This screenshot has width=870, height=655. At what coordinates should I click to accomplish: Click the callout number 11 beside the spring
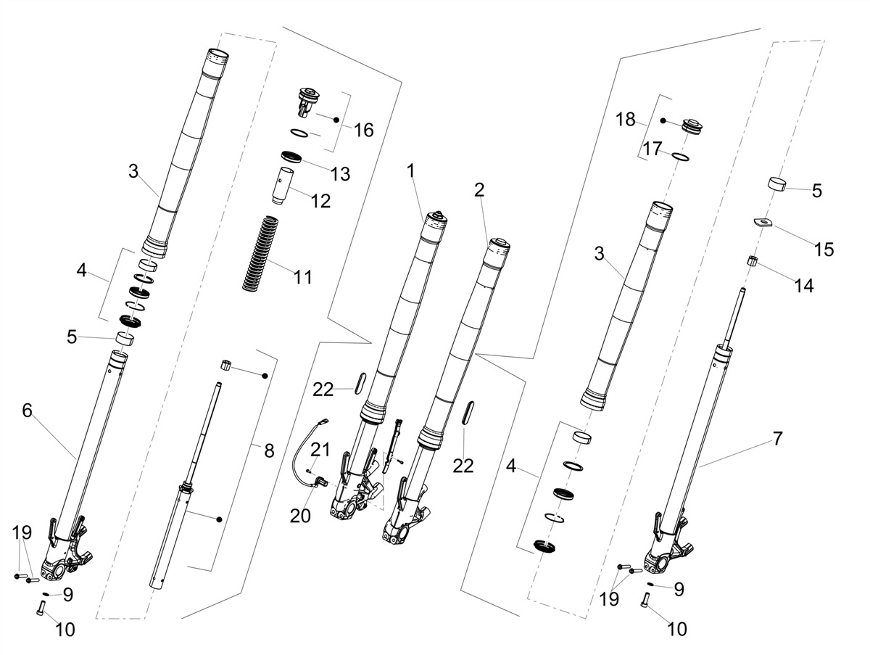pyautogui.click(x=303, y=277)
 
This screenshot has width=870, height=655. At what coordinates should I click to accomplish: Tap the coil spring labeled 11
pyautogui.click(x=260, y=252)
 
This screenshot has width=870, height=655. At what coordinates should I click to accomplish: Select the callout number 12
pyautogui.click(x=320, y=201)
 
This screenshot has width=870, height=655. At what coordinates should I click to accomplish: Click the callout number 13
pyautogui.click(x=340, y=174)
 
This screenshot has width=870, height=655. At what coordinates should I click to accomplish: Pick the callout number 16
pyautogui.click(x=363, y=130)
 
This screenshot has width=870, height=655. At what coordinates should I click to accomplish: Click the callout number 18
pyautogui.click(x=626, y=120)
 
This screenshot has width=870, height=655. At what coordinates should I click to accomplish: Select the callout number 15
pyautogui.click(x=824, y=250)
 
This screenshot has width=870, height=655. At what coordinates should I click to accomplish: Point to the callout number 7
pyautogui.click(x=778, y=439)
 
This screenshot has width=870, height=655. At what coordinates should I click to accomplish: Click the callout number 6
pyautogui.click(x=27, y=411)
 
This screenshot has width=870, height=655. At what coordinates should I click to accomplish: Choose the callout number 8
pyautogui.click(x=269, y=450)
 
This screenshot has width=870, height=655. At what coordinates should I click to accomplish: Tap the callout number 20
pyautogui.click(x=300, y=516)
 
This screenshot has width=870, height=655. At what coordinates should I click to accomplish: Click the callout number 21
pyautogui.click(x=320, y=450)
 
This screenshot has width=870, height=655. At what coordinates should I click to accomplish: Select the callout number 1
pyautogui.click(x=410, y=171)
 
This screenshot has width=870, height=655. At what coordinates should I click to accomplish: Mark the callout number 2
pyautogui.click(x=479, y=190)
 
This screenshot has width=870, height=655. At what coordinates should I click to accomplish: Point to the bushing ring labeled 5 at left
pyautogui.click(x=125, y=339)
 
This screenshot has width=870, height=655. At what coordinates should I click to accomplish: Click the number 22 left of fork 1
pyautogui.click(x=323, y=390)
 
